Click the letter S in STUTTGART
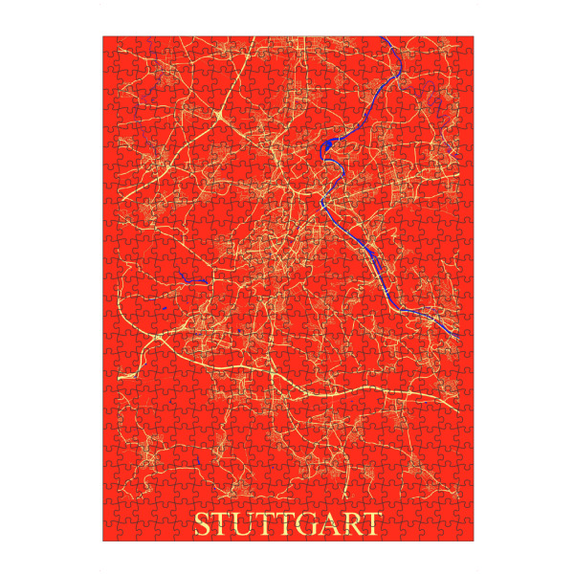202,524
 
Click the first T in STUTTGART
222,524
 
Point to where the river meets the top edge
382,38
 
